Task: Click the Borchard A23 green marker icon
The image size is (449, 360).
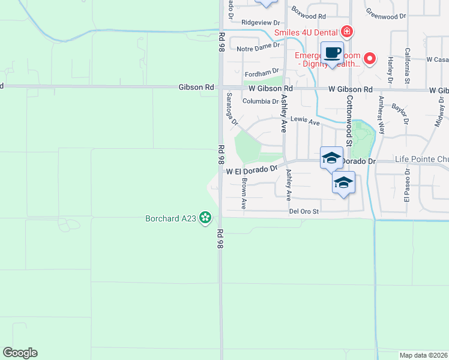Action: click(x=205, y=217)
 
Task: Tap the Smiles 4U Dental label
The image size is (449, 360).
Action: click(x=306, y=32)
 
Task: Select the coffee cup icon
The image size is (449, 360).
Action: click(x=332, y=53)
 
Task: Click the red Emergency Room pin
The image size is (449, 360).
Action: click(x=370, y=59)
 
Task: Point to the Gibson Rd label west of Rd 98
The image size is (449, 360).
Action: click(x=196, y=87)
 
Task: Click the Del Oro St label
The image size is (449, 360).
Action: click(x=303, y=211)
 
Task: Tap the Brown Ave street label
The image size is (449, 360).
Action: click(x=244, y=194)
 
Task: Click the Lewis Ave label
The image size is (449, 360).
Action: click(x=305, y=121)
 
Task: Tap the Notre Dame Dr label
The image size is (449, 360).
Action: click(x=258, y=46)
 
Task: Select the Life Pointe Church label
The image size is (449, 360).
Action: click(x=421, y=160)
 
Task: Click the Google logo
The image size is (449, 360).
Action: click(x=20, y=353)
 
